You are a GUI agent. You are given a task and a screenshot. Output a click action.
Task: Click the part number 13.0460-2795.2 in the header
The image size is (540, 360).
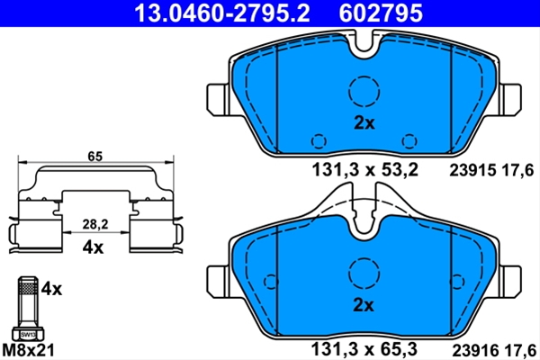(x=222, y=13)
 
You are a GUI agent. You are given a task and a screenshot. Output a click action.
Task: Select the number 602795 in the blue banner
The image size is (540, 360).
(x=381, y=13)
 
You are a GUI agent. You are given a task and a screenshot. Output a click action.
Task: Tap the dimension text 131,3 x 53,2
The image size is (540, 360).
(x=365, y=170)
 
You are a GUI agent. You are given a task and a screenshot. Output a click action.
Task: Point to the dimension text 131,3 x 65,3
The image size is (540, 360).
(x=364, y=349)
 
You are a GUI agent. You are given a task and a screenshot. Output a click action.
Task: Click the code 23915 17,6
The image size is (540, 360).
(x=491, y=170)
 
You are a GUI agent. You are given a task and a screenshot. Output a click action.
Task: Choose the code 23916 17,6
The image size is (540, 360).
(x=494, y=350)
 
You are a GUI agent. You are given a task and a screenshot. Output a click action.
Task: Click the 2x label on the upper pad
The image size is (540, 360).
(x=364, y=122)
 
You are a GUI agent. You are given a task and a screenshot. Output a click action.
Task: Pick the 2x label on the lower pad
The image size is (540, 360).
(x=364, y=305)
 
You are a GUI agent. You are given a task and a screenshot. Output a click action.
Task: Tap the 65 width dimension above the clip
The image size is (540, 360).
(x=95, y=157)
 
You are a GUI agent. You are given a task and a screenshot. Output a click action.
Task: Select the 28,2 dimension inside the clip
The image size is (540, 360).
(x=95, y=224)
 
